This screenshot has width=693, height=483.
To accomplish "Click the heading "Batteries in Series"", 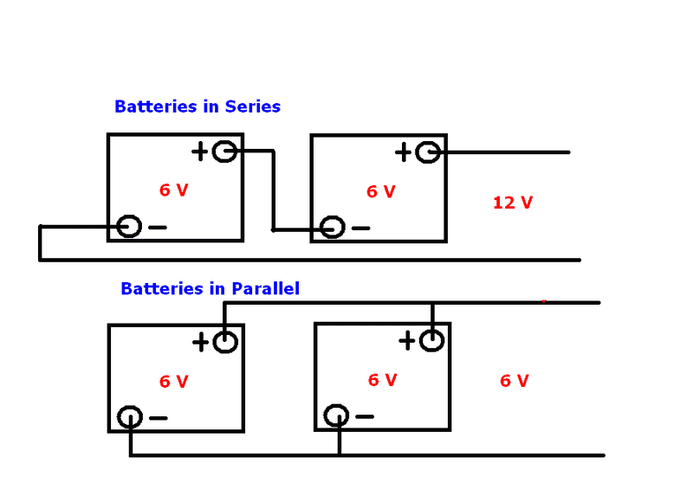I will (x=198, y=106).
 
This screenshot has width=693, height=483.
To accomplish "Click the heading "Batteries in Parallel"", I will (x=210, y=288).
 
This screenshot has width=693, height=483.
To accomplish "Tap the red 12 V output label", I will (x=513, y=203).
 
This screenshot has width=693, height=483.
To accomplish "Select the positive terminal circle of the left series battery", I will (x=224, y=152).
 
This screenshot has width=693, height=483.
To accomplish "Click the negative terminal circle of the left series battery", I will (x=129, y=227).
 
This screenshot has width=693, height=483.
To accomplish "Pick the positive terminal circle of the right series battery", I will (x=427, y=152).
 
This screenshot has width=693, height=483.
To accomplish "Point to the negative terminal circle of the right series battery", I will (x=333, y=228).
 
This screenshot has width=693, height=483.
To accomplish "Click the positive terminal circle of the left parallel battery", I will (x=224, y=342).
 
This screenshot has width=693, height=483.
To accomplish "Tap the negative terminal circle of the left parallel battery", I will (x=130, y=417).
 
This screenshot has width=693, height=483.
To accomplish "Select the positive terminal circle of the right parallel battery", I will (x=431, y=341).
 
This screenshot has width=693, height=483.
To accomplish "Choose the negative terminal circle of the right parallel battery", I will (x=336, y=416).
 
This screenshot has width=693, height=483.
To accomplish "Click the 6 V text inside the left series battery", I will (x=173, y=190).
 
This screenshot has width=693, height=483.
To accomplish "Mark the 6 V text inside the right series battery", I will (x=380, y=191).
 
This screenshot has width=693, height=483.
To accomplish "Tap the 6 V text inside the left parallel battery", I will (x=173, y=381).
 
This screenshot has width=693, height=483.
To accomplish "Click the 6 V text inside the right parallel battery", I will (x=382, y=379).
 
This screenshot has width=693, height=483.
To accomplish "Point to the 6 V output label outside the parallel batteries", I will (x=514, y=380).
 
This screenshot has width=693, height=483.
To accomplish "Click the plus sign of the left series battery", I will (x=200, y=152).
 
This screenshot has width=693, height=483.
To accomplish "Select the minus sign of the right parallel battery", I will (x=365, y=416).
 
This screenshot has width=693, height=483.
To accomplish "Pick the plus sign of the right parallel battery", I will (x=406, y=341).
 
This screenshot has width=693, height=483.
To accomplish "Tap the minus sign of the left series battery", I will (x=158, y=228).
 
